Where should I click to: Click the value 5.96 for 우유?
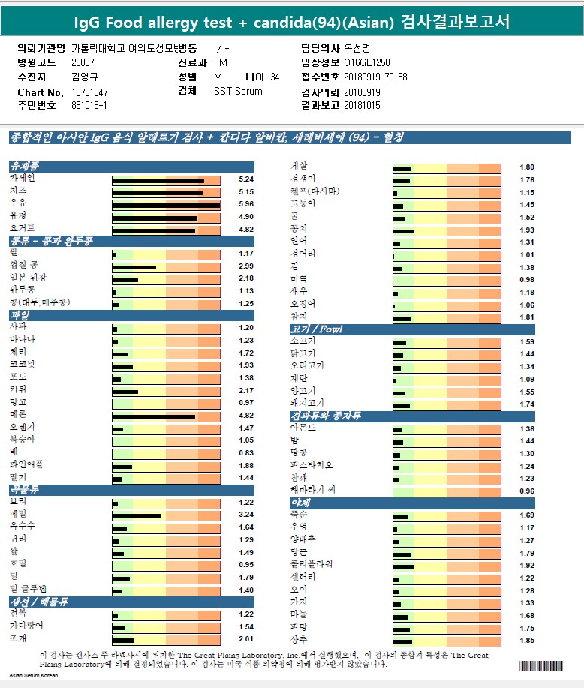(245, 204)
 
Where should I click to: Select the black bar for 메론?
(153, 416)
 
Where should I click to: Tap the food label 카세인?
(23, 179)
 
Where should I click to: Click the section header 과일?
(20, 316)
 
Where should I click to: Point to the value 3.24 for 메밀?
(245, 515)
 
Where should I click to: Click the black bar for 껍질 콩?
(134, 266)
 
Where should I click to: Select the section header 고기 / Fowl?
(316, 329)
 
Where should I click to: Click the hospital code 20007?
(83, 62)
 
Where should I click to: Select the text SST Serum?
(238, 91)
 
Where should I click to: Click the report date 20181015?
(363, 106)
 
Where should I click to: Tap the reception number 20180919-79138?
(375, 77)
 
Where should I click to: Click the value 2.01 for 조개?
(245, 639)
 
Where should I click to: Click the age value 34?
(275, 77)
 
